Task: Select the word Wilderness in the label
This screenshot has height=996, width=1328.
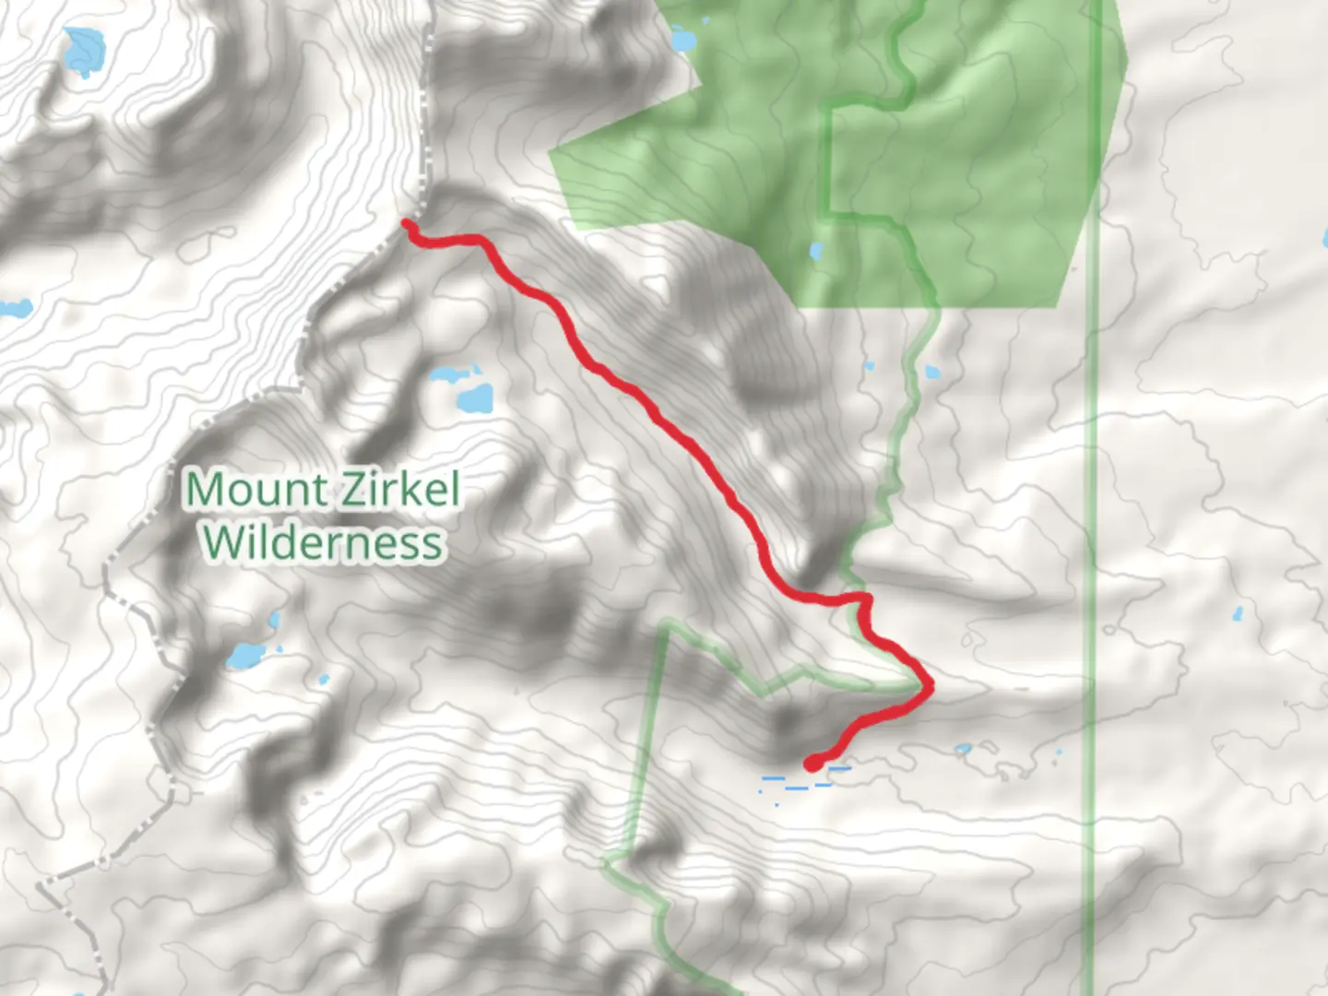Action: click(x=324, y=542)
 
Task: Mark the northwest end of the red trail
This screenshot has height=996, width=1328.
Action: click(x=407, y=223)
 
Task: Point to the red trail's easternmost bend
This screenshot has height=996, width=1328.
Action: click(x=930, y=685)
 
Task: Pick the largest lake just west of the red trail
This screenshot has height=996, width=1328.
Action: click(x=475, y=399)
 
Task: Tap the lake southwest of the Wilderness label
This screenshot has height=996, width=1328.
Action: click(x=246, y=656)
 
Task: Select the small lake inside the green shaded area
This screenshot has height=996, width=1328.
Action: click(x=816, y=251)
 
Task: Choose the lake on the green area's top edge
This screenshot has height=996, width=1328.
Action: click(x=683, y=40)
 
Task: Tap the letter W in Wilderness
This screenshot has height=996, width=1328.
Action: click(x=228, y=542)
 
